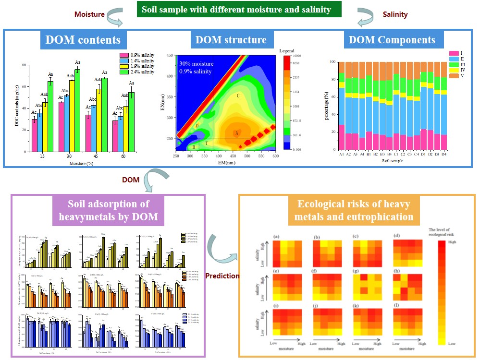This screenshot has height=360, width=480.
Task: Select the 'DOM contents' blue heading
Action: point(83,40)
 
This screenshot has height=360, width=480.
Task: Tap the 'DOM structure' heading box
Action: point(231,40)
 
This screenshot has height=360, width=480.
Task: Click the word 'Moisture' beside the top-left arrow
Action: point(89,14)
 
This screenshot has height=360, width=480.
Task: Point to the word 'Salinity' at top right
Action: point(395,14)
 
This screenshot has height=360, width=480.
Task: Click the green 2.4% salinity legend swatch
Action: point(123,72)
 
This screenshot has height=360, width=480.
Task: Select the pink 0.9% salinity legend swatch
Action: point(123,55)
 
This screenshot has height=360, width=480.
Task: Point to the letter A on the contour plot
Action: point(236,133)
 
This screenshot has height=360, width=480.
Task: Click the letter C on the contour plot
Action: point(238,96)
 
